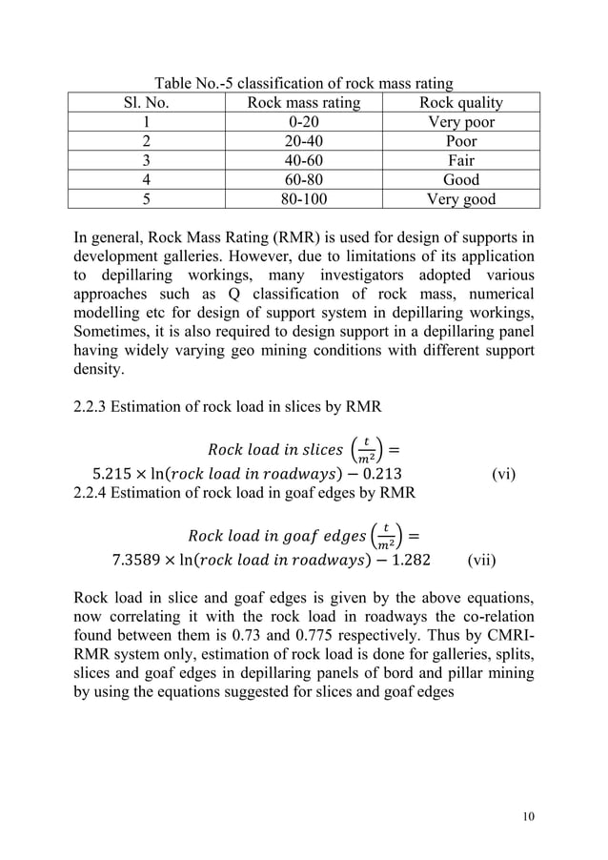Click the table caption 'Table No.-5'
tap(197, 84)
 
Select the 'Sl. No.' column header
tap(146, 103)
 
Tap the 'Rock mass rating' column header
tap(303, 103)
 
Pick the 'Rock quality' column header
tap(461, 103)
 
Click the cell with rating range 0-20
tap(303, 122)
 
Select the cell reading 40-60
tap(303, 160)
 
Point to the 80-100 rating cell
tap(303, 199)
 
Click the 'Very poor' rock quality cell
tap(461, 122)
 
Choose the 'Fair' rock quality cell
tap(461, 160)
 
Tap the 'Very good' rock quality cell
tap(461, 199)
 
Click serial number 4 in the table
tap(146, 180)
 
